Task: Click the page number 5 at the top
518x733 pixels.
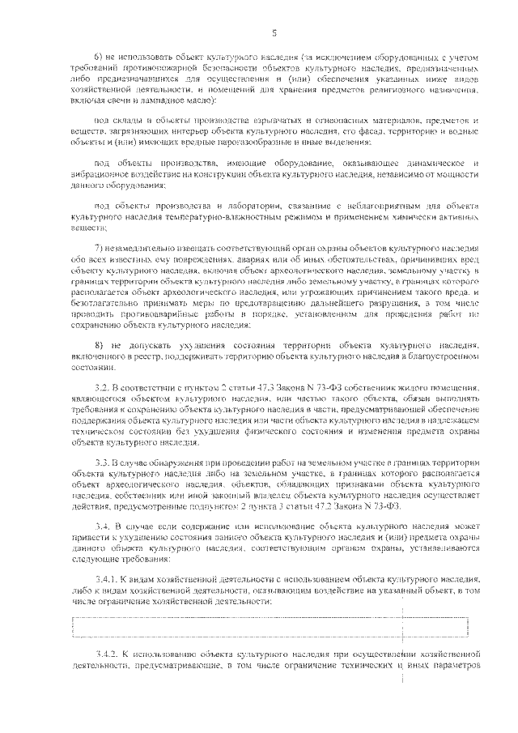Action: [x=274, y=32]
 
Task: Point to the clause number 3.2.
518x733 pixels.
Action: [x=102, y=389]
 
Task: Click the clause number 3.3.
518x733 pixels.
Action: [x=102, y=461]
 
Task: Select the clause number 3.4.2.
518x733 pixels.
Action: [x=107, y=654]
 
